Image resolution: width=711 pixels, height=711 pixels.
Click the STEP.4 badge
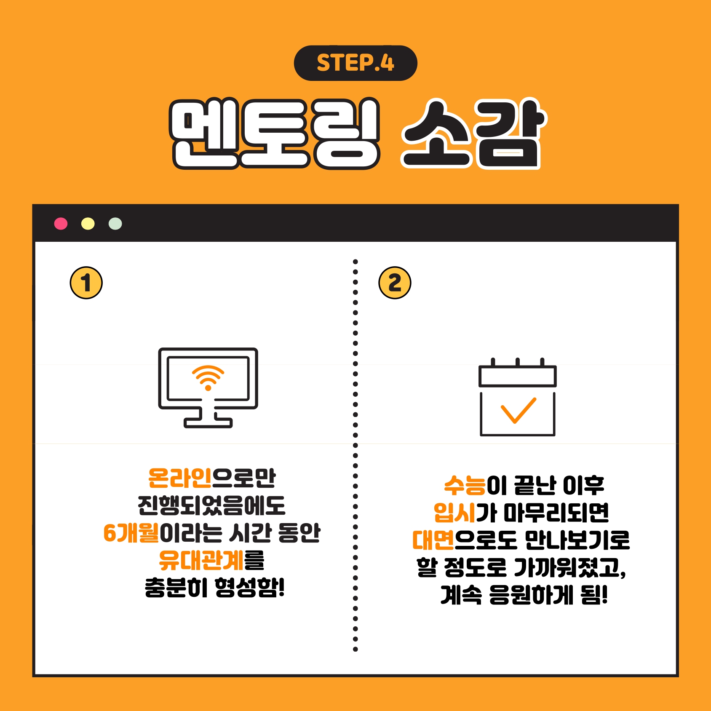355,63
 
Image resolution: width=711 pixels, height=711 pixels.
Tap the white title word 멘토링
275,134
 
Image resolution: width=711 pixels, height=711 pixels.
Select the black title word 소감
473,134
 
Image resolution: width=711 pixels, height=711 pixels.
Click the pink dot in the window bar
61,224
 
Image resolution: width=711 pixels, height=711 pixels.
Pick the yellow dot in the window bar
88,224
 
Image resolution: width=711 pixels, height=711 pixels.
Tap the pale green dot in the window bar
115,224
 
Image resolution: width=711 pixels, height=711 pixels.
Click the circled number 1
86,283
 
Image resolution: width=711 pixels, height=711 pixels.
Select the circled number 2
395,283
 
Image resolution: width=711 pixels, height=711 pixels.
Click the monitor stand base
208,422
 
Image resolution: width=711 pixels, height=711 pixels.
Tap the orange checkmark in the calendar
518,410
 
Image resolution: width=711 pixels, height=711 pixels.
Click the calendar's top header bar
518,376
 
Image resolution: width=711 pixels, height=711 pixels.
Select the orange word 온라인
180,478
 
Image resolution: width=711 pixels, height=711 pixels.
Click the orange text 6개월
131,533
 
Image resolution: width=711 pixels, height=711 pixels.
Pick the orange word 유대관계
201,560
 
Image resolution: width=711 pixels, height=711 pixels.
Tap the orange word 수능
465,485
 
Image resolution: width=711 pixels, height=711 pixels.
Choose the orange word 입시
455,513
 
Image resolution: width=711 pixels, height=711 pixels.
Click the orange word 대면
433,540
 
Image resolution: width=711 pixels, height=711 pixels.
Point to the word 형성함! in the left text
250,588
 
